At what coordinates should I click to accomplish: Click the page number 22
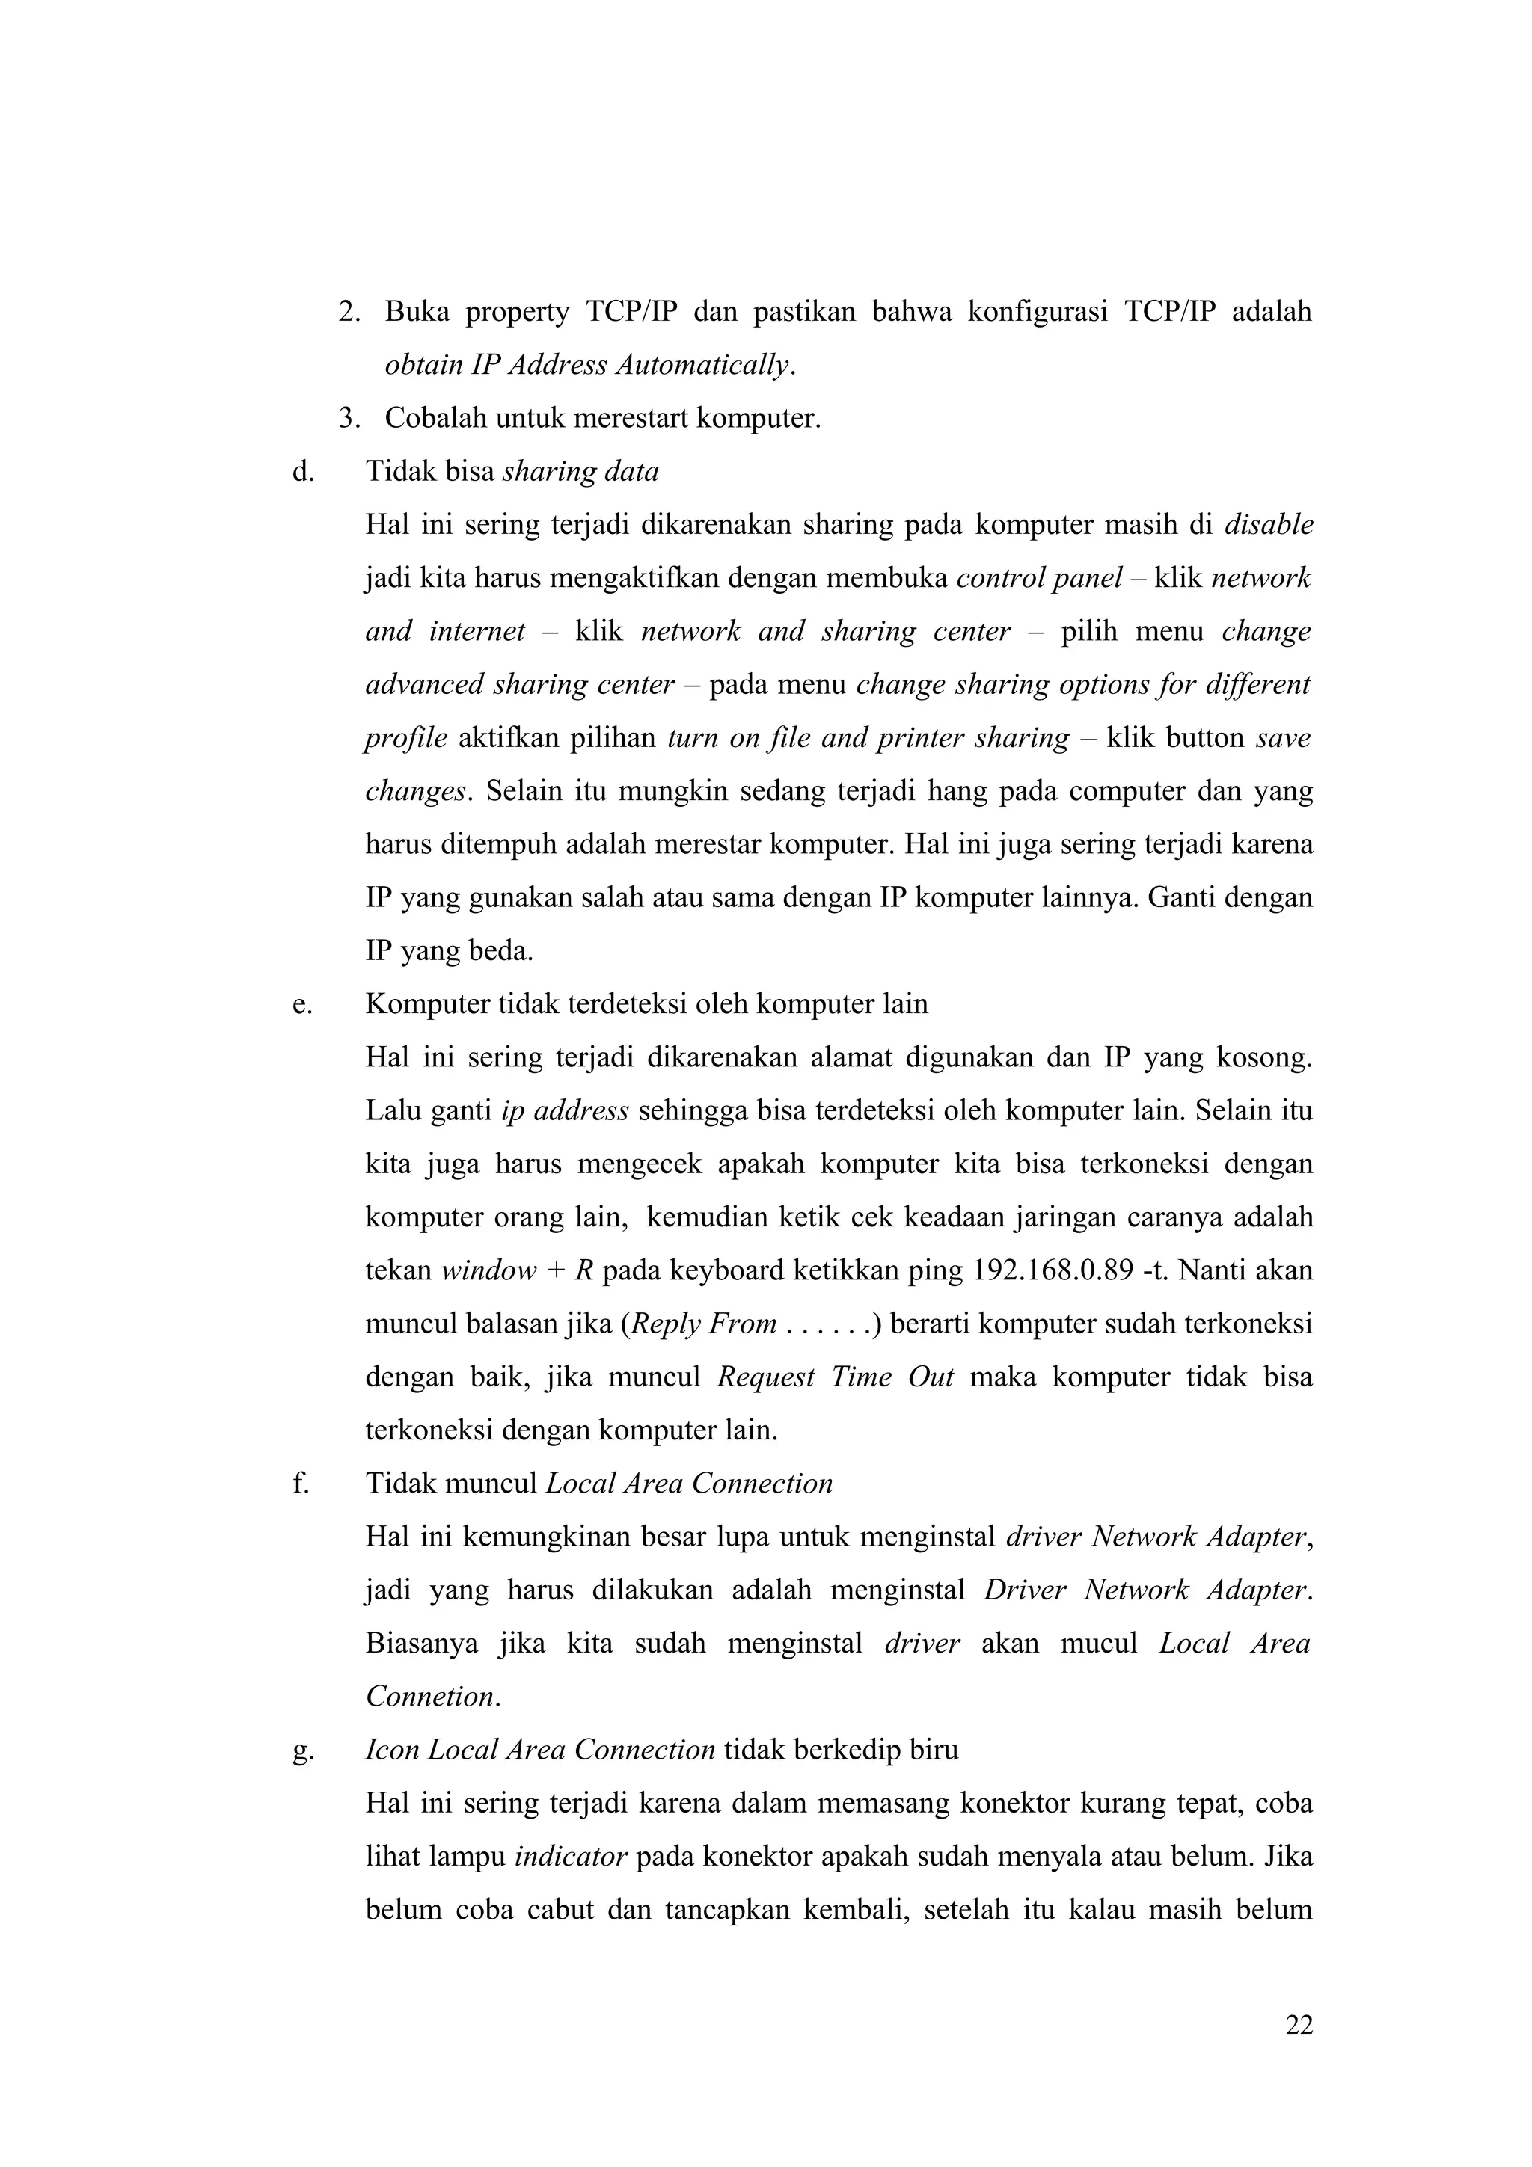[1298, 2026]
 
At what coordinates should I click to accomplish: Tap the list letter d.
[303, 471]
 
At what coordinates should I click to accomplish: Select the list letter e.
[302, 1004]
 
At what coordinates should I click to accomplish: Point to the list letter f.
[300, 1484]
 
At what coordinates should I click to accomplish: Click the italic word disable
[1268, 525]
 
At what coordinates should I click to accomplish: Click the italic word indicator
[571, 1857]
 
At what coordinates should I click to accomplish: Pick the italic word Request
[765, 1377]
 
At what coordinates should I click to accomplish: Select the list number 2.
[349, 312]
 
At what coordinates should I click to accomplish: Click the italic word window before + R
[488, 1271]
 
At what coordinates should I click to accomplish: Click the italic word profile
[406, 738]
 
